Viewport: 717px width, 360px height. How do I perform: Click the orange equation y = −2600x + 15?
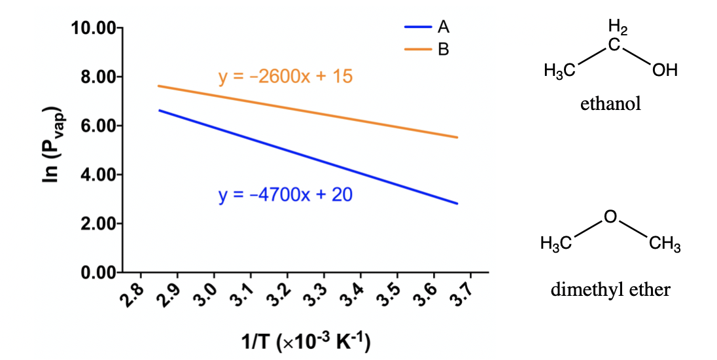(x=285, y=77)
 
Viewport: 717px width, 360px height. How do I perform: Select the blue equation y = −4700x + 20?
(x=285, y=194)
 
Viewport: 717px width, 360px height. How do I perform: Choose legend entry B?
(x=443, y=49)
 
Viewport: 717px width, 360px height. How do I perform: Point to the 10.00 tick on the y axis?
(x=93, y=28)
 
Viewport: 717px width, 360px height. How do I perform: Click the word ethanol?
(x=610, y=103)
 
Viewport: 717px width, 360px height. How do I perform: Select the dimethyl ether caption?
(x=610, y=289)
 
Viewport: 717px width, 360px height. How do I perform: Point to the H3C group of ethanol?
(x=559, y=70)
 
